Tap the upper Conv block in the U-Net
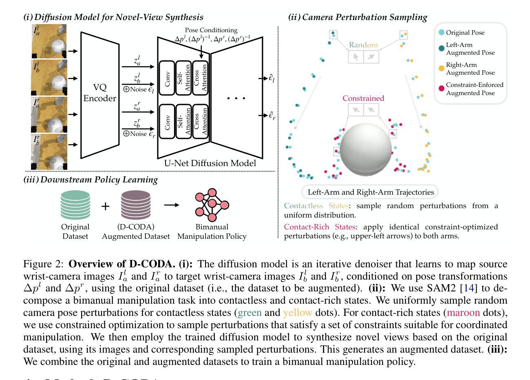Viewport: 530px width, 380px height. [167, 78]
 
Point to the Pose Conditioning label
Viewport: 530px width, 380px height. [211, 30]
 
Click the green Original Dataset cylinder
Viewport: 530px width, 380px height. [75, 206]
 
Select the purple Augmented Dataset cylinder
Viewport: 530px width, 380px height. [136, 206]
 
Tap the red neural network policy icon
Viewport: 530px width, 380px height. [212, 203]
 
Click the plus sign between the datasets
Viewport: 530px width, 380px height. [105, 206]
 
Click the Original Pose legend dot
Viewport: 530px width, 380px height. [442, 33]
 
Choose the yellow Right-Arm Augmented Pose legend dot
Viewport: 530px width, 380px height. [442, 68]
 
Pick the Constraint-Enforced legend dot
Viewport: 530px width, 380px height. [442, 89]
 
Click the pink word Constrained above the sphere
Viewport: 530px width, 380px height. [363, 98]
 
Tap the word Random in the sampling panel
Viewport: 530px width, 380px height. [363, 45]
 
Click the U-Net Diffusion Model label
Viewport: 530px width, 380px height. [210, 163]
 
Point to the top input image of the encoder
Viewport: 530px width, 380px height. [49, 41]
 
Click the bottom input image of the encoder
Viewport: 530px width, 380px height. [49, 151]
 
